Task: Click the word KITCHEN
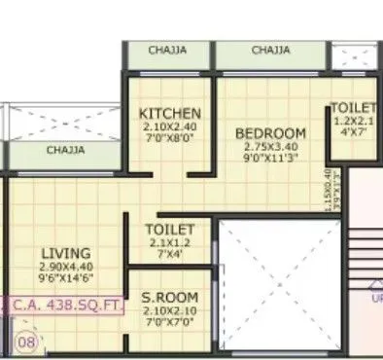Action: pos(170,113)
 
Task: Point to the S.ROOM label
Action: pos(170,297)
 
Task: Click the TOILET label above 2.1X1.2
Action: pos(170,230)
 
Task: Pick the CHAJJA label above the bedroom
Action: pos(271,51)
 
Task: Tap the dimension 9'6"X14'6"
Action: pos(66,278)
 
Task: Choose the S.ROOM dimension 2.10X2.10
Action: pos(170,310)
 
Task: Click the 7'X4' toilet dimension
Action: pos(170,255)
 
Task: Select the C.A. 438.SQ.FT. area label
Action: pos(68,305)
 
